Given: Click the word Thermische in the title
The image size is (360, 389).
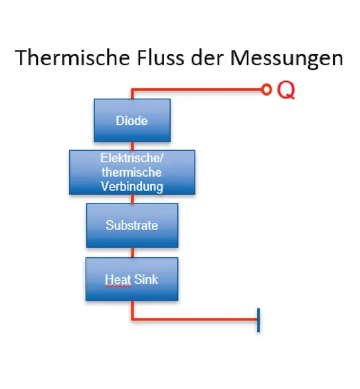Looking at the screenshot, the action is (x=72, y=58).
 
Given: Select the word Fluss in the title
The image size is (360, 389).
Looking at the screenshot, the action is (x=161, y=58).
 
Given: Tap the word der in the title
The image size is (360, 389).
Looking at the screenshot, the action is (x=207, y=58).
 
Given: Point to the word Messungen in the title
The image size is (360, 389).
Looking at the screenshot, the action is (x=287, y=59).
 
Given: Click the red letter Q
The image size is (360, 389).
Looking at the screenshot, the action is (x=286, y=90).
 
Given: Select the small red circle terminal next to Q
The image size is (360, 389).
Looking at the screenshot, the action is (x=266, y=90).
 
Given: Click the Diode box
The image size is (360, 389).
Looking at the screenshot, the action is (x=132, y=120).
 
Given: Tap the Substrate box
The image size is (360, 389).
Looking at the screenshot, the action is (x=132, y=225).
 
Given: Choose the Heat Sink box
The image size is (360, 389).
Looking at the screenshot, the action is (x=132, y=279).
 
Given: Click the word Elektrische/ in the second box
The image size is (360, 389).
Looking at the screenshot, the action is (x=132, y=158).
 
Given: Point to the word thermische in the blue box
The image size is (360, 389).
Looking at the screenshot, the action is (x=132, y=172).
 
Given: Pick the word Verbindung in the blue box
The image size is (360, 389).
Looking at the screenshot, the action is (x=132, y=187).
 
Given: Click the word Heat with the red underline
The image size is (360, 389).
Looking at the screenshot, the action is (x=118, y=279).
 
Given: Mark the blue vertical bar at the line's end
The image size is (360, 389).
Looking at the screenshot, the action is (x=258, y=320).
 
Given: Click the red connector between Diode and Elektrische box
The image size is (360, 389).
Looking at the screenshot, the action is (x=132, y=146).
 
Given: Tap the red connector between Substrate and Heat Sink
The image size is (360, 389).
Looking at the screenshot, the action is (x=132, y=253).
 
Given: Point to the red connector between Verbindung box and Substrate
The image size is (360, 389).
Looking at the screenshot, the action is (x=132, y=199).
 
